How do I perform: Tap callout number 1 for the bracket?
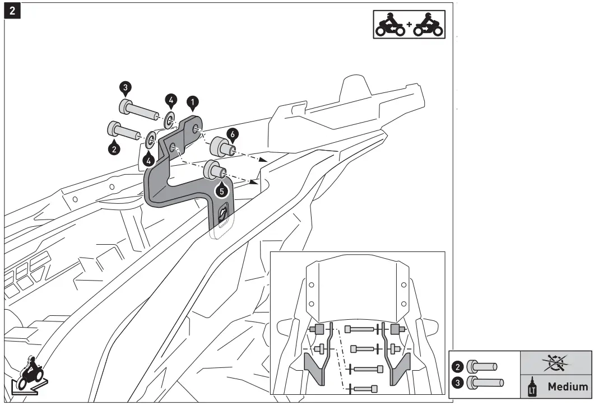coord(192,102)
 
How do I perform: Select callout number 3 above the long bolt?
coord(125,87)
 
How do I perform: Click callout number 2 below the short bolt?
coord(114,149)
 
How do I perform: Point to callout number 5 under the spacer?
coord(222,190)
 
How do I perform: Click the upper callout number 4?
coord(171,101)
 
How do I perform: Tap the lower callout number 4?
coord(148,159)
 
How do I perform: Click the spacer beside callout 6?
coord(221,148)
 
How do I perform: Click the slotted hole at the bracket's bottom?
coord(224,213)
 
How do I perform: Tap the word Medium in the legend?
coord(568,386)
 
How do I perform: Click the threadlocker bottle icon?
coord(533,387)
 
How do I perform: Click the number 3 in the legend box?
coord(458,383)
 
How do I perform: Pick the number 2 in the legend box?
coord(458,367)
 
